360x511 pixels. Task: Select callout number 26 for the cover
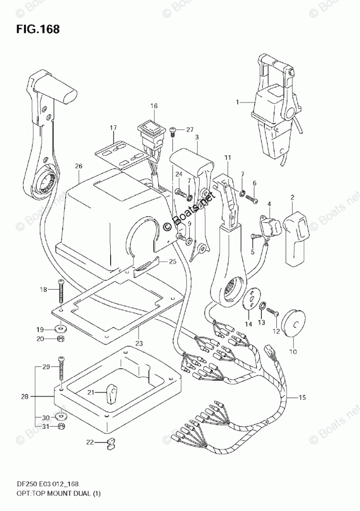[79, 166]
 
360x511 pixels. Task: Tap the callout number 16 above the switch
[154, 106]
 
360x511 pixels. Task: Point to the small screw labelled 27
[174, 131]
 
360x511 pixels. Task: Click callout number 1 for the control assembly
[238, 102]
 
